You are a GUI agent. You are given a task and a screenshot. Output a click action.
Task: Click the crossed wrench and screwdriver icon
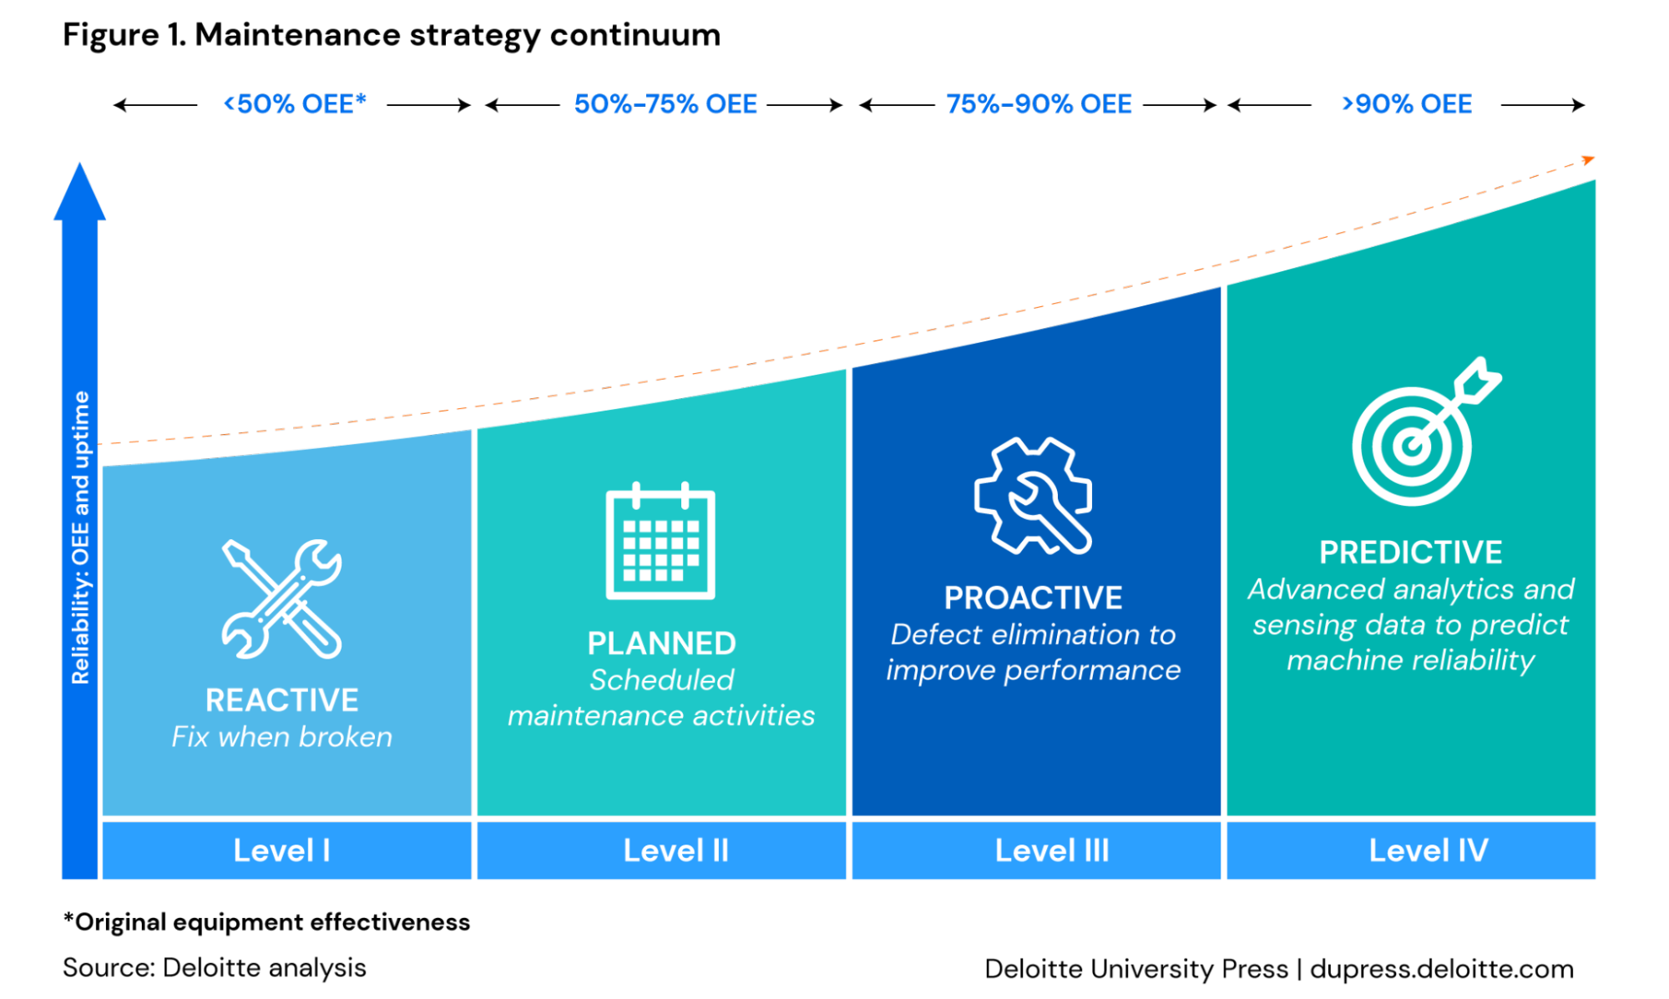281,598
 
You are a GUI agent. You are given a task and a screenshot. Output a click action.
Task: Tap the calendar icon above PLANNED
660,540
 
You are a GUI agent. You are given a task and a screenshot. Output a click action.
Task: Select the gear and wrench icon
1033,496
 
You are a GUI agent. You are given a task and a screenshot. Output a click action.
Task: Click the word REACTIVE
282,700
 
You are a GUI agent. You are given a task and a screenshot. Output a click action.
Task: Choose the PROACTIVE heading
1034,598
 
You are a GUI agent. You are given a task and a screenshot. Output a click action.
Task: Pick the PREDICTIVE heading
1411,552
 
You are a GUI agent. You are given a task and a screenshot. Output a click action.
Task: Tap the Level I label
282,850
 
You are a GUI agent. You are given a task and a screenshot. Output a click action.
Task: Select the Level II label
676,850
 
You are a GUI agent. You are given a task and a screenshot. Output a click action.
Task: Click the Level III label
1052,850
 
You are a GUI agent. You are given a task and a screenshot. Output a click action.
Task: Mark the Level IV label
1429,850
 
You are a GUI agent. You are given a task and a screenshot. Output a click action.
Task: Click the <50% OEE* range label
295,103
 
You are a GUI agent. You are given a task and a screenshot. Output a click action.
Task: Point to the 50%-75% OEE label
665,103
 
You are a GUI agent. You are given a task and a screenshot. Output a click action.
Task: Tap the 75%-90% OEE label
1039,103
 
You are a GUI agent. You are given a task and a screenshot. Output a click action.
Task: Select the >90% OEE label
1407,103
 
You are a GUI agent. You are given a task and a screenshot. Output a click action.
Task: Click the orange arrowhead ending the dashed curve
1589,159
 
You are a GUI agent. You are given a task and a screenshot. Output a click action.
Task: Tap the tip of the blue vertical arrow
79,163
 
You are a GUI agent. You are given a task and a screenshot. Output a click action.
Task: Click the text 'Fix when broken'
282,737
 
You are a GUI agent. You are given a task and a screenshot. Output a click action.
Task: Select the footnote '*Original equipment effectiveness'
266,922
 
